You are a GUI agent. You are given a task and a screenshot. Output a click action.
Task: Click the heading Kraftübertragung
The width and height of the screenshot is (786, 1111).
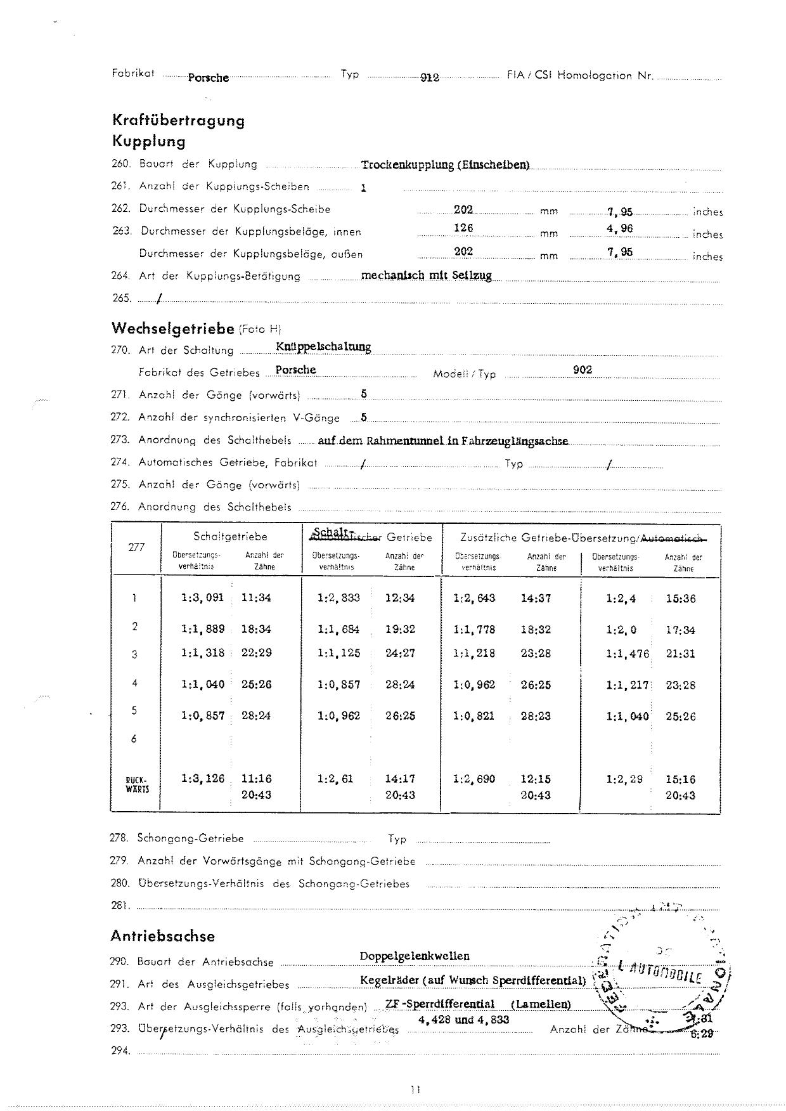pyautogui.click(x=178, y=120)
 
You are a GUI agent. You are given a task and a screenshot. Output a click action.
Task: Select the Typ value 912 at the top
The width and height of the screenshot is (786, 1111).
pyautogui.click(x=430, y=77)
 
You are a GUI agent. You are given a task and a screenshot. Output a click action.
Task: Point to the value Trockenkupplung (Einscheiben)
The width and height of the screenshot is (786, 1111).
pyautogui.click(x=445, y=165)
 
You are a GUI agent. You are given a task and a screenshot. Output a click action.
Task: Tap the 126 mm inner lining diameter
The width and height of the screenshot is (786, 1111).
pyautogui.click(x=463, y=228)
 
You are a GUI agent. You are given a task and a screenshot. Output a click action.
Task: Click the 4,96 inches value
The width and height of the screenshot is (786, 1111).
pyautogui.click(x=619, y=228)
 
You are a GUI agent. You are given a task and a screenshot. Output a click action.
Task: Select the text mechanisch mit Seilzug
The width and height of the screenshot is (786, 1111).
pyautogui.click(x=426, y=276)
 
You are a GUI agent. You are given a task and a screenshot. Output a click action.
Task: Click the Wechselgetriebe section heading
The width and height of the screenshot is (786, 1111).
pyautogui.click(x=172, y=328)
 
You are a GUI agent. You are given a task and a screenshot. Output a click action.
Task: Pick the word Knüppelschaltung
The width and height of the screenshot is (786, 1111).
pyautogui.click(x=323, y=347)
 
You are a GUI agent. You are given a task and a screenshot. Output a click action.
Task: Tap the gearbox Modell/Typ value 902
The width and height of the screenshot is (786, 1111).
pyautogui.click(x=583, y=370)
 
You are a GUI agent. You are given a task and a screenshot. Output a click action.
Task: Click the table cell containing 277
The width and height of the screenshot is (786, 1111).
pyautogui.click(x=136, y=547)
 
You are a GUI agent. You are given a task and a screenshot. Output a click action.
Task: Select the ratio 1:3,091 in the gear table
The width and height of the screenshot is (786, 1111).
pyautogui.click(x=203, y=597)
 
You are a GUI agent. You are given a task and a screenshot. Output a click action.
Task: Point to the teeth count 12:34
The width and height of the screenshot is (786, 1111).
pyautogui.click(x=400, y=598)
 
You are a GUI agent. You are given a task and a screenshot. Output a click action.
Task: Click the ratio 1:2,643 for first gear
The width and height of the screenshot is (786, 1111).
pyautogui.click(x=474, y=598)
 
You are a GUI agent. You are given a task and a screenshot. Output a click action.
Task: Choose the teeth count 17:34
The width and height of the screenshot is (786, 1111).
pyautogui.click(x=680, y=630)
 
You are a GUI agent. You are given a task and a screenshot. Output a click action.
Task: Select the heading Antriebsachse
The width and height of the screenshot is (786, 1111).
pyautogui.click(x=162, y=936)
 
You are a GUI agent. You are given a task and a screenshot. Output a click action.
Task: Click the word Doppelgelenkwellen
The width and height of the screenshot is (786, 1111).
pyautogui.click(x=415, y=956)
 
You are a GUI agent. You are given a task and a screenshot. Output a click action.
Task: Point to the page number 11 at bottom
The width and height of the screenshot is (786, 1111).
pyautogui.click(x=416, y=1089)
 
